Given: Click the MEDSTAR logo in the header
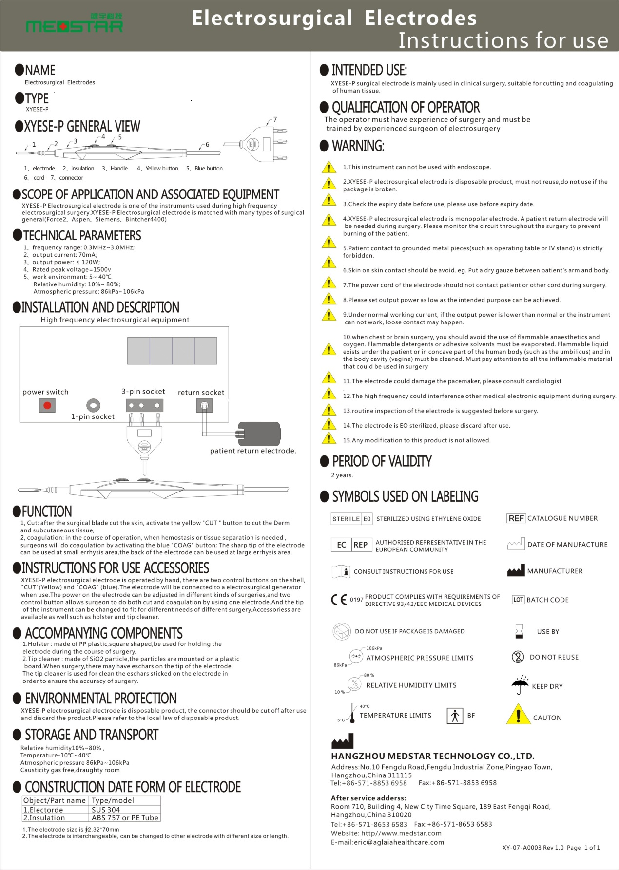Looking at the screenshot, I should pyautogui.click(x=75, y=24).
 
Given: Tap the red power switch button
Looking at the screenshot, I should pyautogui.click(x=47, y=405).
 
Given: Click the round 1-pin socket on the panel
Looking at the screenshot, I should pyautogui.click(x=93, y=405).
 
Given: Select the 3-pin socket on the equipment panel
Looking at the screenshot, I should pyautogui.click(x=144, y=405).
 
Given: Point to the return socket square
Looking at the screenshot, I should pyautogui.click(x=204, y=405).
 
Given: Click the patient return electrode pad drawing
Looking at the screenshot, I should pyautogui.click(x=259, y=433).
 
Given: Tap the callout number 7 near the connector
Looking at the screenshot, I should pyautogui.click(x=275, y=119).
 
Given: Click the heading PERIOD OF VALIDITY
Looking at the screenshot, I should pyautogui.click(x=382, y=461).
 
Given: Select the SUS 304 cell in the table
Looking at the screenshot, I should pyautogui.click(x=106, y=810).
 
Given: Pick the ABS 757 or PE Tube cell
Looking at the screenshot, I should pyautogui.click(x=125, y=818).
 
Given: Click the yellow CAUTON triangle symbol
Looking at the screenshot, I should pyautogui.click(x=518, y=715).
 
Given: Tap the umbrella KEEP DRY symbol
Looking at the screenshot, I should pyautogui.click(x=520, y=685).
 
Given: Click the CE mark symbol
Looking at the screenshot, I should pyautogui.click(x=339, y=599).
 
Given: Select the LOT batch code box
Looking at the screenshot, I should pyautogui.click(x=518, y=600).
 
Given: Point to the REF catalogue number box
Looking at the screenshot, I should pyautogui.click(x=516, y=518).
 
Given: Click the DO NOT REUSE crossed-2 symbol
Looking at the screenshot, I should pyautogui.click(x=518, y=657).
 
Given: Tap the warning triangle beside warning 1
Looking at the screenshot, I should pyautogui.click(x=329, y=168).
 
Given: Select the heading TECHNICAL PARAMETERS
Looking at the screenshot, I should pyautogui.click(x=82, y=236).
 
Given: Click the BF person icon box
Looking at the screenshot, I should pyautogui.click(x=455, y=716).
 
